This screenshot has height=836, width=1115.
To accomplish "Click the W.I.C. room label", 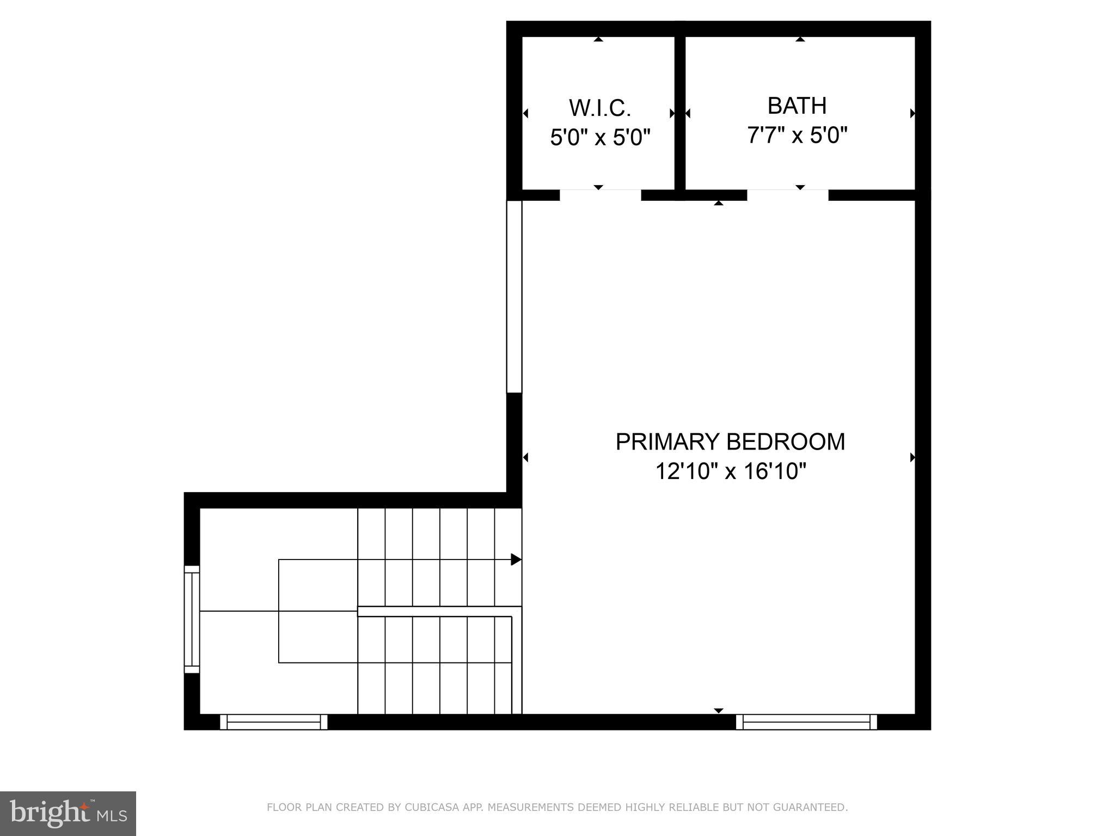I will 600,108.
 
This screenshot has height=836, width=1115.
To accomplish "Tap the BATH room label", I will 797,106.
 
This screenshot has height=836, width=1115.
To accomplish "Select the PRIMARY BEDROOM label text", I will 730,441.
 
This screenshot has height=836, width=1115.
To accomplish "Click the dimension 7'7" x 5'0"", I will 797,136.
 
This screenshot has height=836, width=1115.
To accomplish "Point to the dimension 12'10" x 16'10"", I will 730,471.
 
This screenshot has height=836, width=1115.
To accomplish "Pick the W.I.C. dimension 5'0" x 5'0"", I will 600,138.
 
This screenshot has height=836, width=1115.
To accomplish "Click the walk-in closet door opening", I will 600,195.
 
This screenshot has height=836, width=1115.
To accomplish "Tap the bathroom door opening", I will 787,195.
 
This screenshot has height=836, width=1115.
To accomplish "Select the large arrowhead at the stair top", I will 516,560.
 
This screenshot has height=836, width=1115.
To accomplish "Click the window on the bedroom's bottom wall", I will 806,722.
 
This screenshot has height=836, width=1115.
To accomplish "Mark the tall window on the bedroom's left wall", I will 514,297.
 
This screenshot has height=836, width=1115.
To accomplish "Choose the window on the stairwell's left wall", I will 192,619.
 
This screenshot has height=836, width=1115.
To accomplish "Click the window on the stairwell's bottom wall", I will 273,722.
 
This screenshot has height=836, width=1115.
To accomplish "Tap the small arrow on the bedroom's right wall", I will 912,458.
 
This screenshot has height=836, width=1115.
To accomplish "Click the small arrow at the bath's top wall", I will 800,39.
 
